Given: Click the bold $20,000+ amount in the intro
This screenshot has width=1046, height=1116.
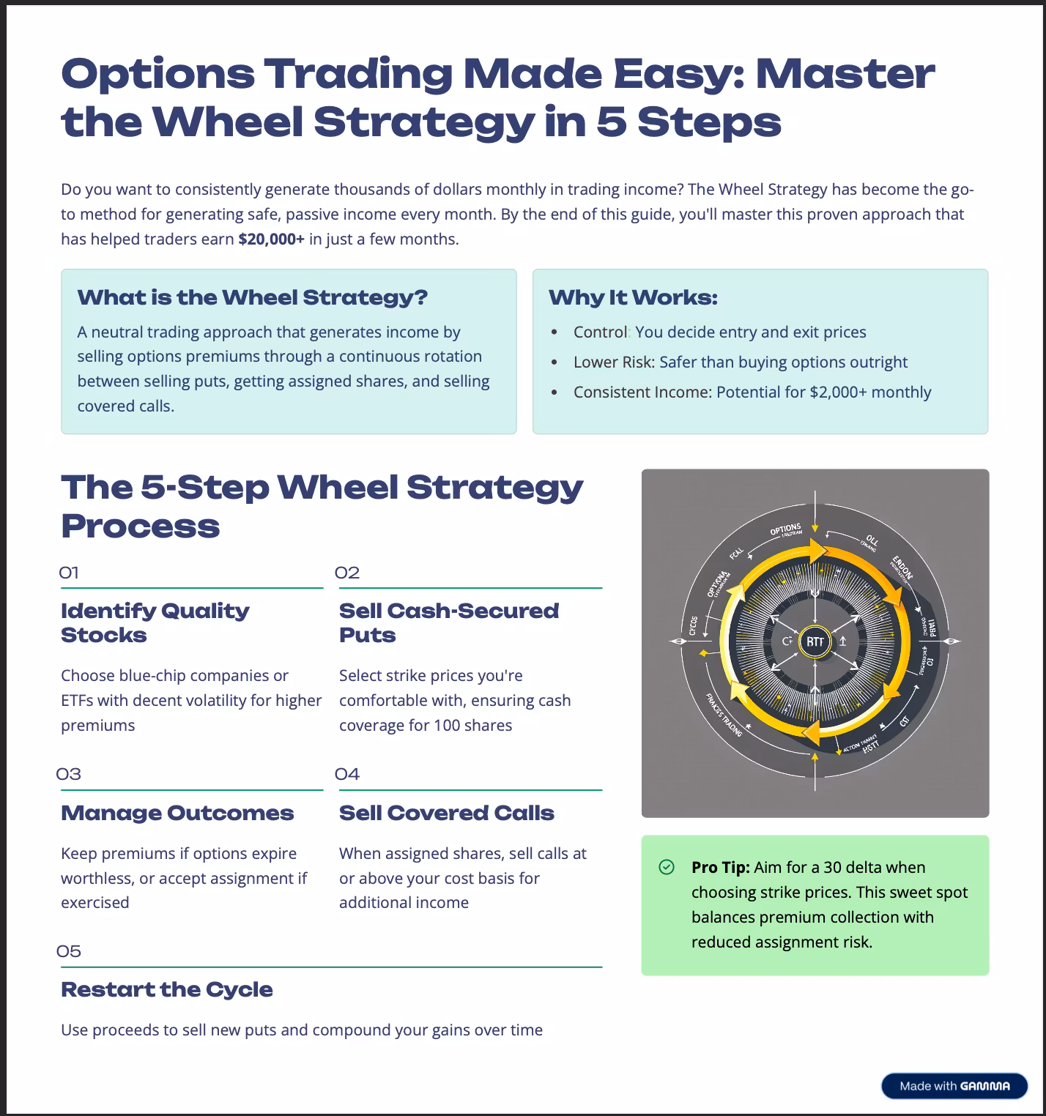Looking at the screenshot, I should pos(271,239).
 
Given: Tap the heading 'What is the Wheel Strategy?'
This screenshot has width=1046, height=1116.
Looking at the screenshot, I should pos(252,297).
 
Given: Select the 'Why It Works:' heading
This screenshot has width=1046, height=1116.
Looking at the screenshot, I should pos(633,297).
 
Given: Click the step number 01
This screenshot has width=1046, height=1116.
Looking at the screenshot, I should pos(69,573).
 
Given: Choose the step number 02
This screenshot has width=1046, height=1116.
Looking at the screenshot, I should pos(347,573).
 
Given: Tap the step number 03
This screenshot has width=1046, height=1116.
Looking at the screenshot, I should pos(69,774).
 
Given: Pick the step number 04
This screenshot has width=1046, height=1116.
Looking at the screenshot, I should pos(347,774).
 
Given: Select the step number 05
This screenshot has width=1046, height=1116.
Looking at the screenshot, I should pos(69,951).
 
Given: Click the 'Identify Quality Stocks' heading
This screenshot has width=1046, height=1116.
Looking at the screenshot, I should pos(155,622).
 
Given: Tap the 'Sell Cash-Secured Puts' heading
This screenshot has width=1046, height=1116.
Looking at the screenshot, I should pos(448,622).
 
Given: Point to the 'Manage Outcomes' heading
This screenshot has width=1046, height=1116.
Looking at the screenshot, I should pos(177,813).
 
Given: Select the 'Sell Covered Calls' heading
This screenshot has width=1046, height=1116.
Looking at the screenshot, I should pos(446,813).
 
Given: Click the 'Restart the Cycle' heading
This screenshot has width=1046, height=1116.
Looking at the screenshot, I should pos(167,989).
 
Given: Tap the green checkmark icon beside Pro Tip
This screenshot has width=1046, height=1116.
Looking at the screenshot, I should pos(667,867).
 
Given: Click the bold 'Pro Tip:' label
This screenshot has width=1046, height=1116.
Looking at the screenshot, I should pos(720,867).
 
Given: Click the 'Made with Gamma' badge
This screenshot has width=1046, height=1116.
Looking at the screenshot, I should pos(954,1086).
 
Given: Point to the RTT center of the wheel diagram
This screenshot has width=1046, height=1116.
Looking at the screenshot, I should pos(815,641).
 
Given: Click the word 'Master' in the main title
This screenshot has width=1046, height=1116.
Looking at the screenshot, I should pos(845,74).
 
